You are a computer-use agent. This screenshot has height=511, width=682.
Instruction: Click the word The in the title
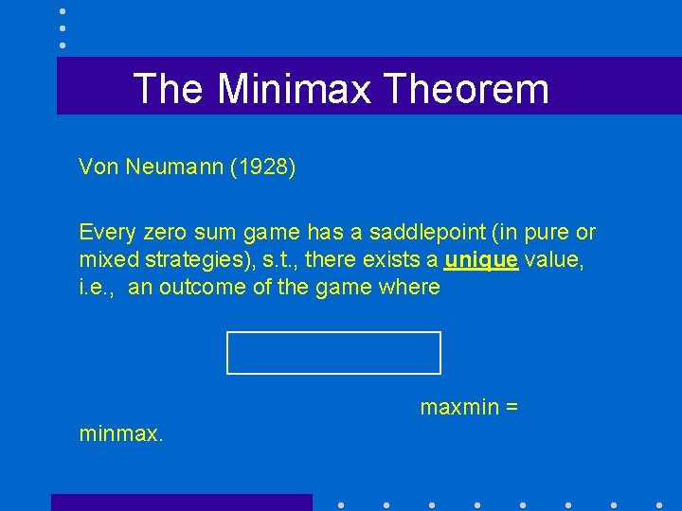pyautogui.click(x=168, y=89)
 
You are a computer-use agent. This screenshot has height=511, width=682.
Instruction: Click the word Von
pyautogui.click(x=99, y=167)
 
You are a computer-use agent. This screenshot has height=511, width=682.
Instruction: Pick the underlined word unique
pyautogui.click(x=482, y=259)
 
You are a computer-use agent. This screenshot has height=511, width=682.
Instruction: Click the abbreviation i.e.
pyautogui.click(x=98, y=286)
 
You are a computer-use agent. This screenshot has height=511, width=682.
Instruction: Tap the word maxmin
pyautogui.click(x=458, y=408)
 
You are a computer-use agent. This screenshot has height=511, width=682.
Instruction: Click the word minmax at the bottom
pyautogui.click(x=121, y=435)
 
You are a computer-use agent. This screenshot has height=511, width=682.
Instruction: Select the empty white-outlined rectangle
pyautogui.click(x=333, y=353)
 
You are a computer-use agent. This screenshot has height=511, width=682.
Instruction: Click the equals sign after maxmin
pyautogui.click(x=511, y=408)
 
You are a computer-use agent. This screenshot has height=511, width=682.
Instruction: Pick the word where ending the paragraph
pyautogui.click(x=409, y=286)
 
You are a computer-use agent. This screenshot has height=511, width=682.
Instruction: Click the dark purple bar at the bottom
pyautogui.click(x=181, y=502)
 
